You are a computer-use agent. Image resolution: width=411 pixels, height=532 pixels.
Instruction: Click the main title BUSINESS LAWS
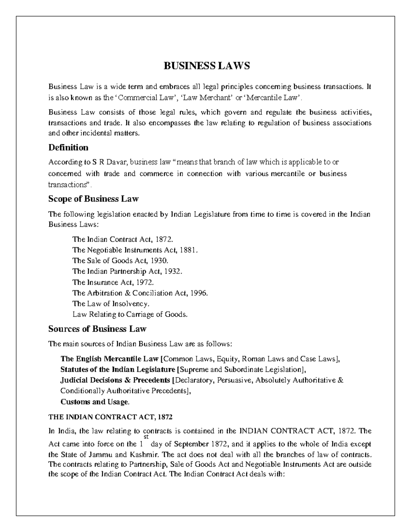coord(207,65)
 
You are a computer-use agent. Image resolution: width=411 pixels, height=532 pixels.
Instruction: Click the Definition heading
coord(68,147)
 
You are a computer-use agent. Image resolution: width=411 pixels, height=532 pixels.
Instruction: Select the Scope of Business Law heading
coord(93,199)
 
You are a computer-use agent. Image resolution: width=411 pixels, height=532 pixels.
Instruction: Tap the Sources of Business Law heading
coord(97,329)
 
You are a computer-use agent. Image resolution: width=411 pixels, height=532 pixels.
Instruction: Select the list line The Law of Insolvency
coord(111,304)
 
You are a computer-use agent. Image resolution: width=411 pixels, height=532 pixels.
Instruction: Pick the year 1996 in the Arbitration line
coord(199,293)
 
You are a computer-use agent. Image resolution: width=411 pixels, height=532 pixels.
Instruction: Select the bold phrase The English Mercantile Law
coord(110,359)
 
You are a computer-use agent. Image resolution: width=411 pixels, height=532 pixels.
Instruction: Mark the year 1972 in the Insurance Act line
coord(145,282)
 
